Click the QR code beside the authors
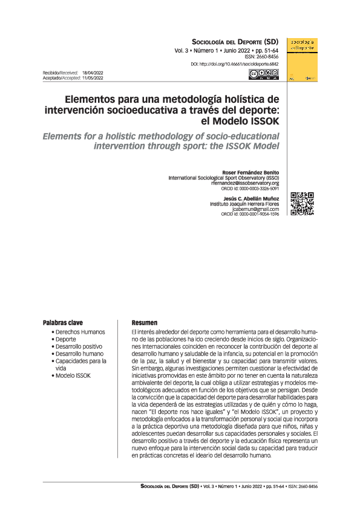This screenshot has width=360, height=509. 303,204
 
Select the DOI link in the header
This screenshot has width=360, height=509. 235,63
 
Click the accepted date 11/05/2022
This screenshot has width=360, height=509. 93,77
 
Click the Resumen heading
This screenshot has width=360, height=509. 144,323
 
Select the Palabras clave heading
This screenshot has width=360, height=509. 63,323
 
